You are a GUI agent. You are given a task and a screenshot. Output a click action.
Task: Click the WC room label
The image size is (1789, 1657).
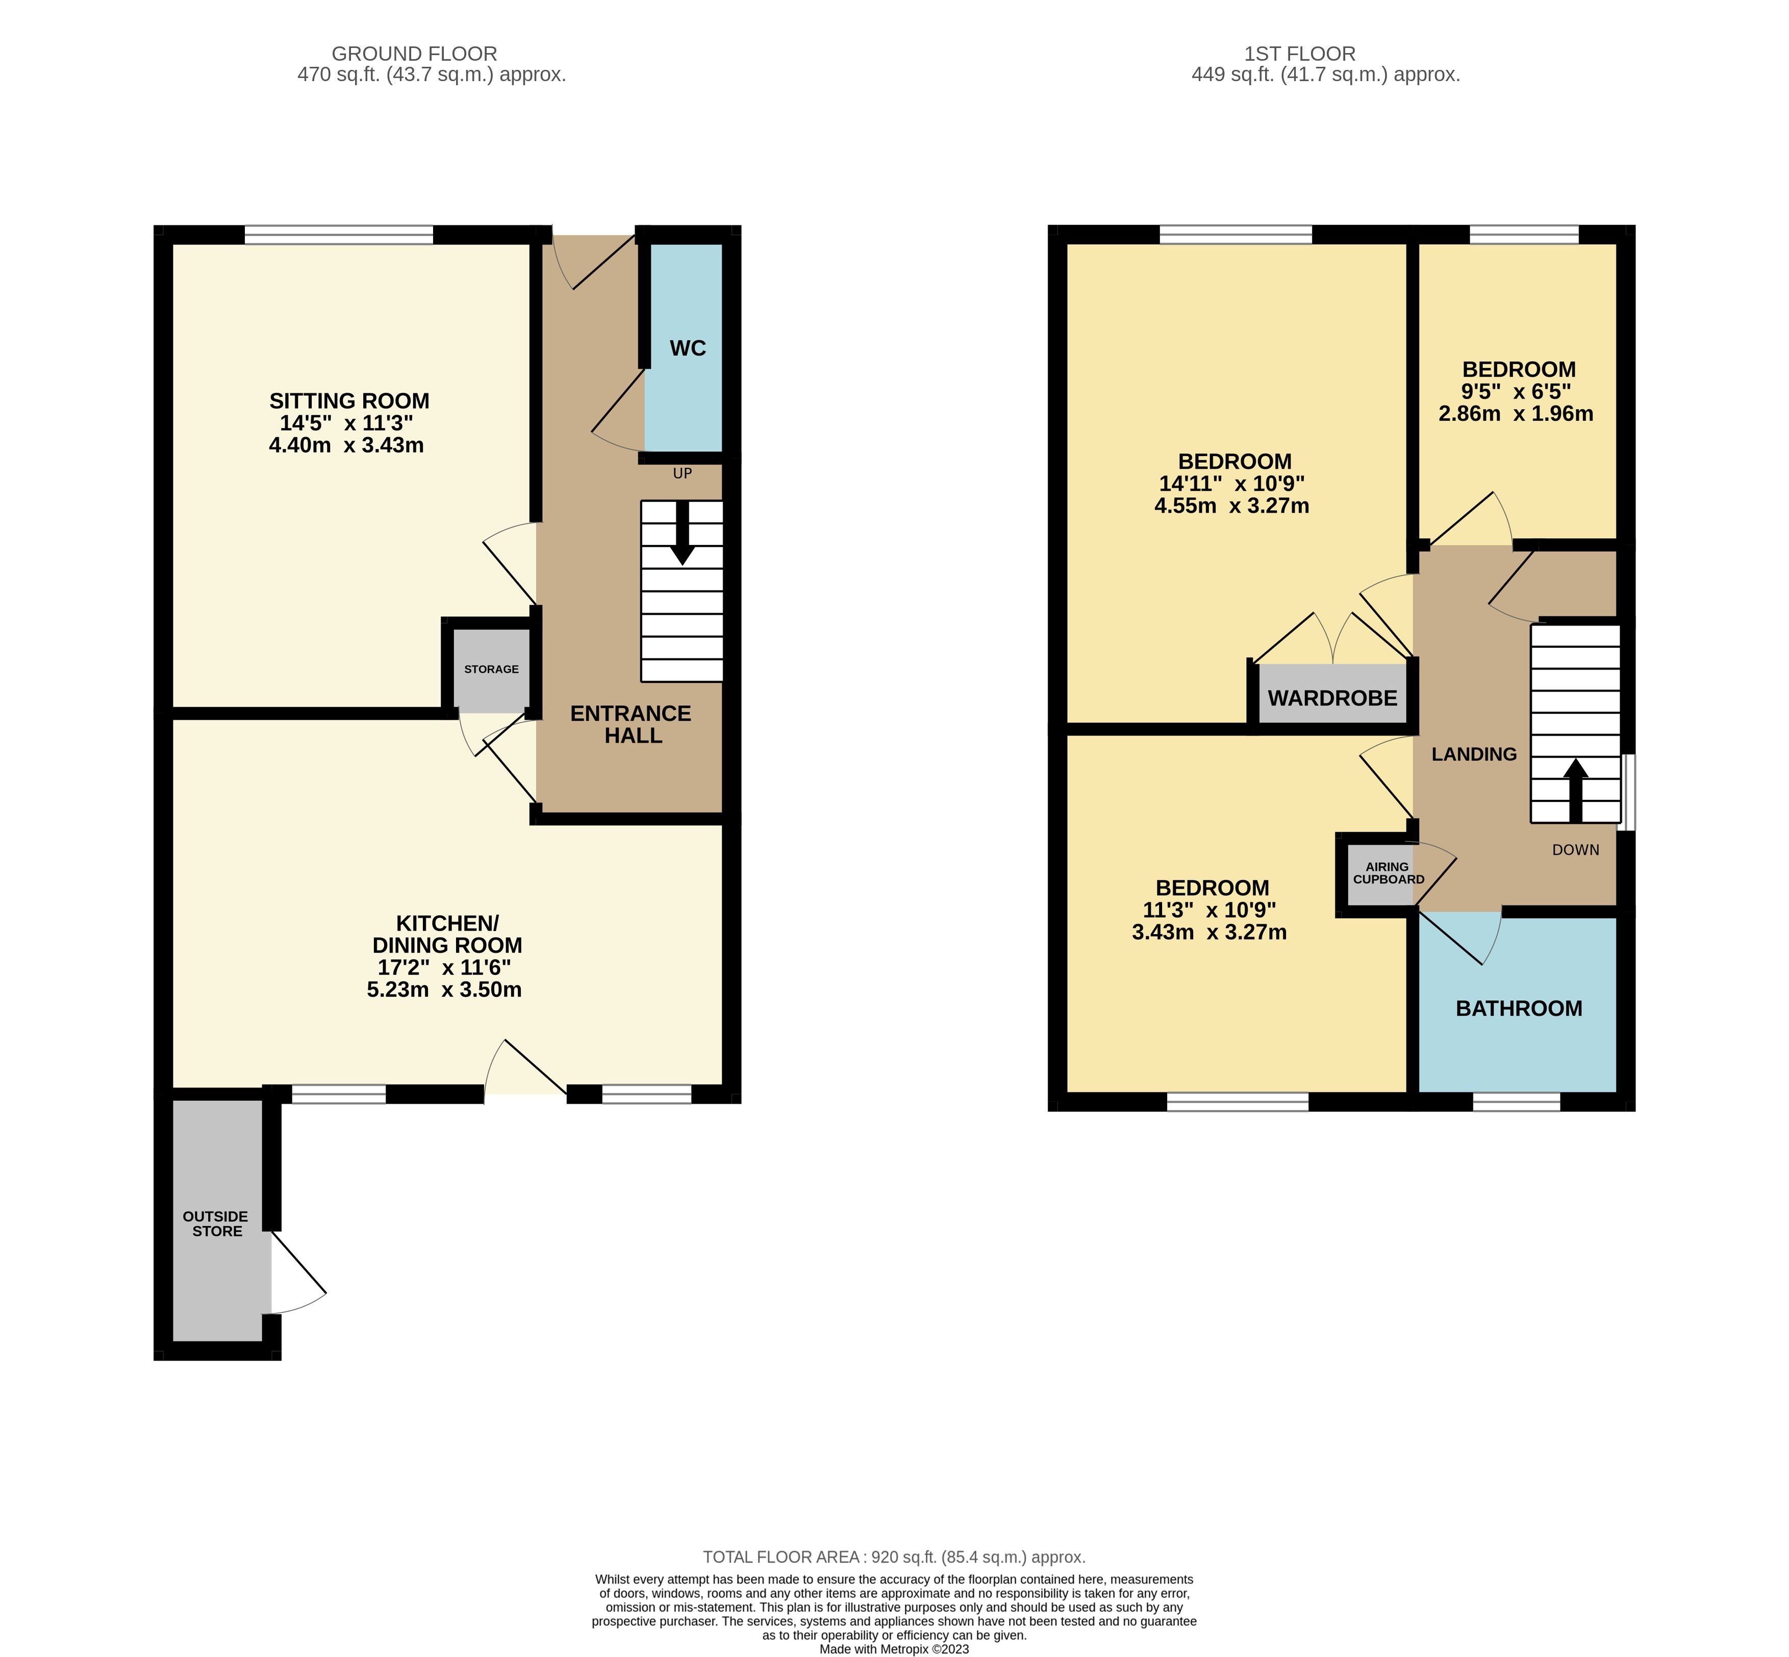(688, 348)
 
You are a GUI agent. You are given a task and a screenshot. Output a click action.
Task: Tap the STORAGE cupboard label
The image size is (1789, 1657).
(491, 669)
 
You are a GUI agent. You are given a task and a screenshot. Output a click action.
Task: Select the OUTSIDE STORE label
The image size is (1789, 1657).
(216, 1224)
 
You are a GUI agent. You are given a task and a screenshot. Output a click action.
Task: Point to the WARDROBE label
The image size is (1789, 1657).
(1332, 697)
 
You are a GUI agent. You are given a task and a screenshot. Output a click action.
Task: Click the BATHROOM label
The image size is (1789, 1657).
(1518, 1009)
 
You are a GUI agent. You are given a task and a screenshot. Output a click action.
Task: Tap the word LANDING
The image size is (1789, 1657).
(1474, 754)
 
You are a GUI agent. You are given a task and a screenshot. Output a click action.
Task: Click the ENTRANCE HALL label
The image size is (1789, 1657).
(632, 724)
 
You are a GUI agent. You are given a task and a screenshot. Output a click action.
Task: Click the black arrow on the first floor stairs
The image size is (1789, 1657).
(1576, 791)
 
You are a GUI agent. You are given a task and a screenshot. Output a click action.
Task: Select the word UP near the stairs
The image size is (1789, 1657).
(683, 473)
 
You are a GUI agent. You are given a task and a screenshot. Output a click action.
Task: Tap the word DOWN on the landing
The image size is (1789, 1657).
(1576, 850)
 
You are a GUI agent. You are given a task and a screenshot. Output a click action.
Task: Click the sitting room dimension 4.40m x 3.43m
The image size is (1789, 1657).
(346, 445)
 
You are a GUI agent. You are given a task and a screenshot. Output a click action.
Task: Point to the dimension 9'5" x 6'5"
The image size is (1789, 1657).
(1517, 392)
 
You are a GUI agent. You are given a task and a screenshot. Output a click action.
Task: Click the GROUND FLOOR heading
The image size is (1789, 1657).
(414, 54)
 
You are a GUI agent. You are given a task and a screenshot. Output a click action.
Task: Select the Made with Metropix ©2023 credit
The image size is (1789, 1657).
(894, 1648)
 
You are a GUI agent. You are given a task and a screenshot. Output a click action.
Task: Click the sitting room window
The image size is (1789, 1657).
(339, 235)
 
